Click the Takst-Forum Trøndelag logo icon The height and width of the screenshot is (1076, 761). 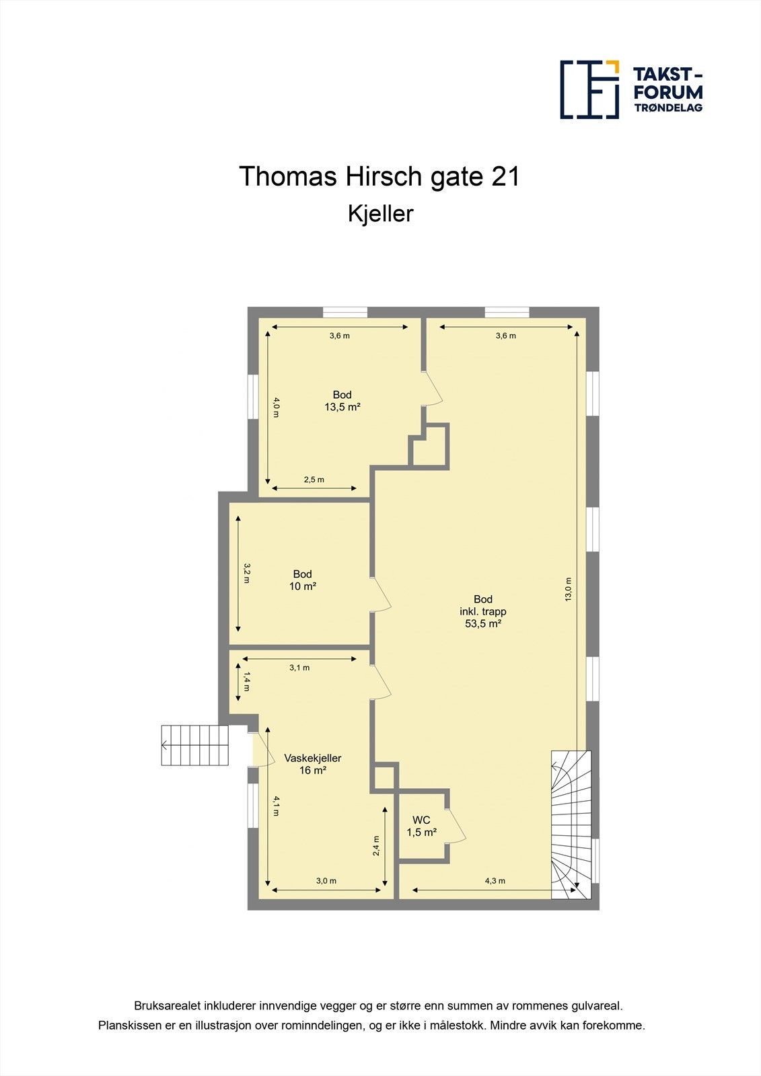click(x=589, y=89)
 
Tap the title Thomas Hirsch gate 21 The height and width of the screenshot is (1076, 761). click(x=379, y=176)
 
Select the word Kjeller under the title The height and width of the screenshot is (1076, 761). click(x=380, y=215)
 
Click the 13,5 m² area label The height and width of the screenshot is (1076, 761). click(x=342, y=407)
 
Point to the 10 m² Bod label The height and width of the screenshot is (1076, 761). click(x=302, y=580)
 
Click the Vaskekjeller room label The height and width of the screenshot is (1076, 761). click(x=312, y=758)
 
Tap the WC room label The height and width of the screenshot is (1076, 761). click(x=421, y=820)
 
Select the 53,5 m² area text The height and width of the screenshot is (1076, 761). click(x=483, y=623)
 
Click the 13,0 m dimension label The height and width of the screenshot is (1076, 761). click(x=568, y=589)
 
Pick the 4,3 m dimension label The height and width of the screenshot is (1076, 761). click(x=495, y=880)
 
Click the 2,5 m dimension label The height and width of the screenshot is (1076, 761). click(x=314, y=479)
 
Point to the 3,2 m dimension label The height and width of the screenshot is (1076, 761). click(x=247, y=573)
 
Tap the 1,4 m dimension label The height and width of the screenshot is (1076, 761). click(x=247, y=681)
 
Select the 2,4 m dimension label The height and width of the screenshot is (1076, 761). click(x=376, y=845)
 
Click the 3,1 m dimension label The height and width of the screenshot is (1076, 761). click(x=299, y=667)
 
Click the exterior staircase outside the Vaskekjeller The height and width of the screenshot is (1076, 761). click(x=194, y=745)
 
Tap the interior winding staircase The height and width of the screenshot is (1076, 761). click(x=571, y=824)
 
